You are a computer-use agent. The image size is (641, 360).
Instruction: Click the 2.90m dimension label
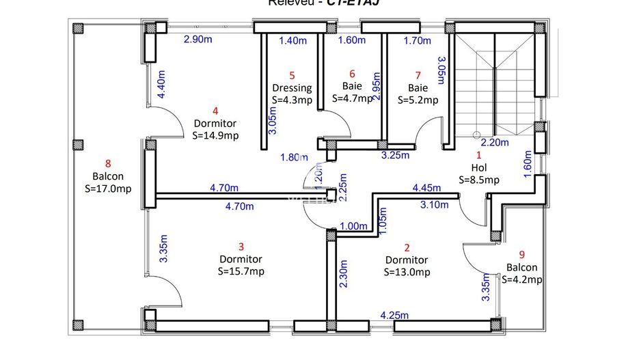coord(197,40)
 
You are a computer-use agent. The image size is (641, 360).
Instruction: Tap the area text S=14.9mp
coord(215,135)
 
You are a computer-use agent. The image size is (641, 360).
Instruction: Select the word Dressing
coord(292,87)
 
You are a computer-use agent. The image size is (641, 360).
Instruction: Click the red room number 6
coord(352,74)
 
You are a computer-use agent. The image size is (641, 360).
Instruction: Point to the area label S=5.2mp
coord(418,100)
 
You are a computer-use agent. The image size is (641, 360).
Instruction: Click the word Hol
coord(478,167)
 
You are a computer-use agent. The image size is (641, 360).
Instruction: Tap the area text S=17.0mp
coord(107,189)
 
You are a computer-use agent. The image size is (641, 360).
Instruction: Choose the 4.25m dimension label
coord(394,315)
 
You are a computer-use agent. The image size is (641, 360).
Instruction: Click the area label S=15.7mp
coord(241,271)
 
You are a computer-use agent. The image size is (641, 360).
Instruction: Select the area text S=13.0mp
coord(407,272)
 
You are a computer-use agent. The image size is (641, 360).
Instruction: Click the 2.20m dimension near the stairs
coord(495,143)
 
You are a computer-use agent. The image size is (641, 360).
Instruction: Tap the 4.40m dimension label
coord(162,85)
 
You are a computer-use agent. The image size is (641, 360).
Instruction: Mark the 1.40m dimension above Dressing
coord(293,40)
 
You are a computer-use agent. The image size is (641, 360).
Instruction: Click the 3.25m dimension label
coord(394,156)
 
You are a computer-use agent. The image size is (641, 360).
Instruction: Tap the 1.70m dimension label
coord(417,40)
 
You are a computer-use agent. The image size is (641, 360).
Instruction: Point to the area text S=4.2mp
coord(521,279)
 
